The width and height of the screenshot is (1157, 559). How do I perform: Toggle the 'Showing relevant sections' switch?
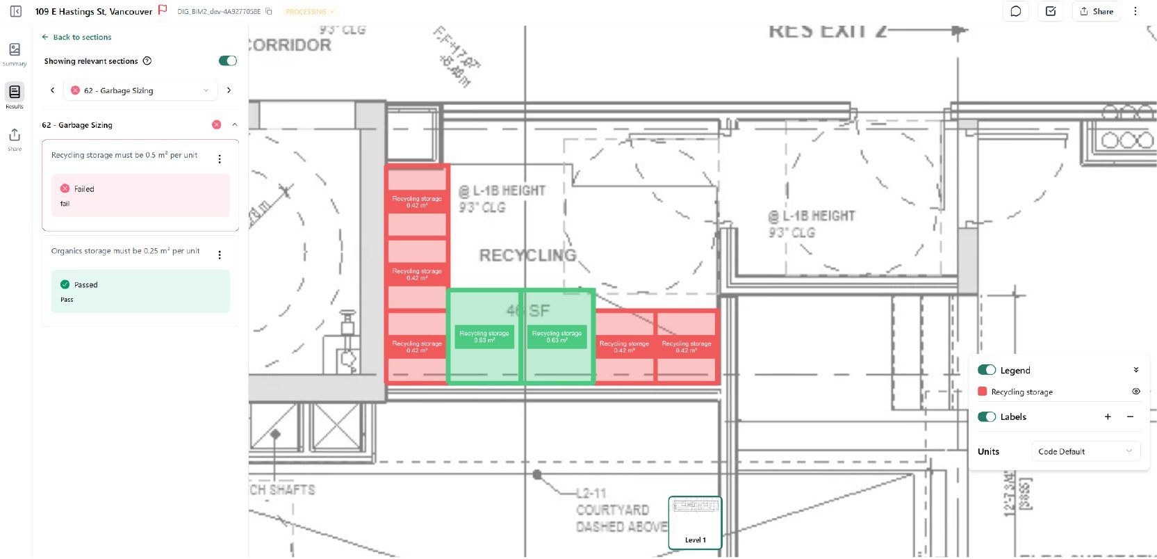point(227,61)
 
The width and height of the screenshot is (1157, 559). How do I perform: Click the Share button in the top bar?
point(1097,11)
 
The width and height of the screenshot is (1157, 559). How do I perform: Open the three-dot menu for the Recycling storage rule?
point(220,159)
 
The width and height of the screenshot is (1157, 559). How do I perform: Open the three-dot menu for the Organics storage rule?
point(220,255)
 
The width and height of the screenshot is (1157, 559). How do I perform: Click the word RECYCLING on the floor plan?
point(527,256)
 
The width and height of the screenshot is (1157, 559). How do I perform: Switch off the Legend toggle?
point(987,371)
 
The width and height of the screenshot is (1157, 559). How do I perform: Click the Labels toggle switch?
point(987,417)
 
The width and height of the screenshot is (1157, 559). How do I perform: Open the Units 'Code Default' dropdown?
point(1085,452)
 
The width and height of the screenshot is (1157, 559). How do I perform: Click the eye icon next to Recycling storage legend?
point(1136,391)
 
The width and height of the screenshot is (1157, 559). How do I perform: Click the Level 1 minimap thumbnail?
point(695,522)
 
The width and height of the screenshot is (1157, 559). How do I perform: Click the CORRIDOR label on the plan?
point(290,45)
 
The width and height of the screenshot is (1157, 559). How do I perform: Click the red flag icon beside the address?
point(163,10)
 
